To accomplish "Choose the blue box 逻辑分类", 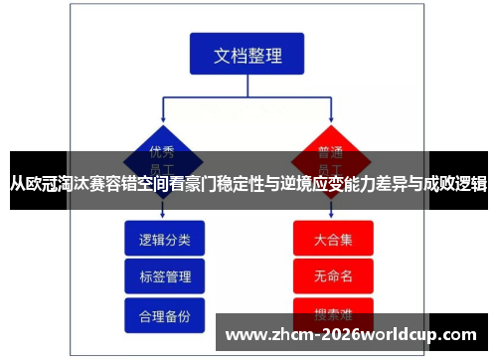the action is coord(164,240).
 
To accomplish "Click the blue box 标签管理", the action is coord(164,276).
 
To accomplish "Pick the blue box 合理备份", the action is coord(164,314).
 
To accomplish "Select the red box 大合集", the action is coord(333,240).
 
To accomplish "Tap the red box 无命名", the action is coord(333,276).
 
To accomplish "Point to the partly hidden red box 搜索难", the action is coord(333,308).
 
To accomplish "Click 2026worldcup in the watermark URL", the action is coord(393,335).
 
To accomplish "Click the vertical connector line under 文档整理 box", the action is coord(248,85).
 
